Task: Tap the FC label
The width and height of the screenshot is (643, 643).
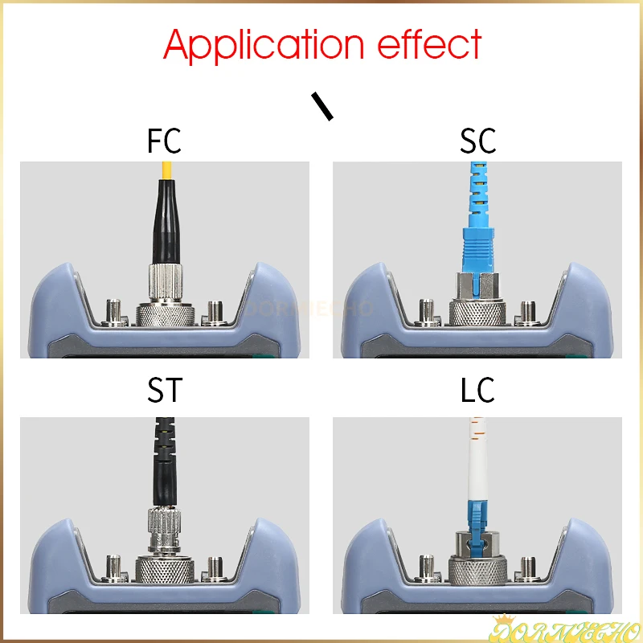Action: (x=164, y=141)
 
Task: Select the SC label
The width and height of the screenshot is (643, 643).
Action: (x=478, y=141)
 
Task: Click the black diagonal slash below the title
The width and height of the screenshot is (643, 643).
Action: (x=322, y=106)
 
